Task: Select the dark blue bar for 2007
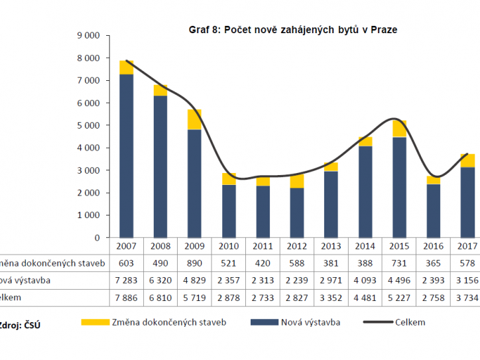(127, 156)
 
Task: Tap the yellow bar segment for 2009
(194, 119)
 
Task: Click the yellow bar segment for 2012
(296, 181)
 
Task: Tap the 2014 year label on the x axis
(365, 246)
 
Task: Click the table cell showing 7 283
(127, 280)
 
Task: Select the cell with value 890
(194, 263)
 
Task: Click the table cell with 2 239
(296, 280)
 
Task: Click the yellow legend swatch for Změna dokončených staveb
(93, 323)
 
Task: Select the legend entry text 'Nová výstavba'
(311, 323)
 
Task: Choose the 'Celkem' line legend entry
(410, 323)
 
